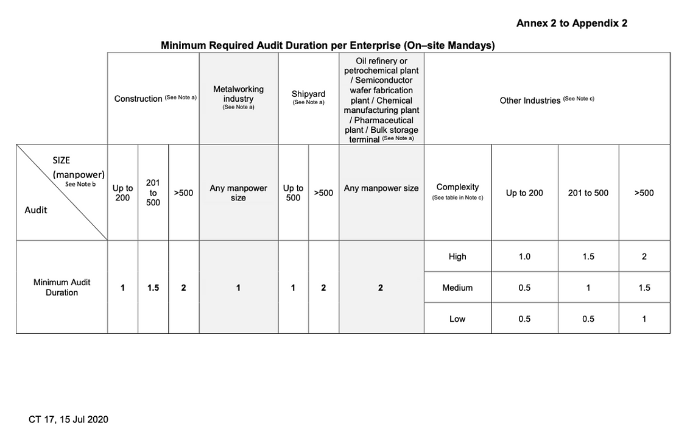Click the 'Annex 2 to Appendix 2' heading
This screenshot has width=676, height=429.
click(x=571, y=23)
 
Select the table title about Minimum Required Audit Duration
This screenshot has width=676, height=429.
click(x=328, y=46)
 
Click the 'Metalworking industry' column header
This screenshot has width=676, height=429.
click(x=238, y=97)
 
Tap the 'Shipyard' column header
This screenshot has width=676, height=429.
click(x=308, y=97)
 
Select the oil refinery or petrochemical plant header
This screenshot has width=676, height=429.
click(x=381, y=100)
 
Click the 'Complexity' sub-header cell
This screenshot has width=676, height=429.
click(x=457, y=191)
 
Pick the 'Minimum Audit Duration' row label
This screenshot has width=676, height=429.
click(x=62, y=288)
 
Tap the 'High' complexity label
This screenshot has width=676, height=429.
click(x=457, y=257)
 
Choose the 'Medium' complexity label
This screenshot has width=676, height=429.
click(x=457, y=288)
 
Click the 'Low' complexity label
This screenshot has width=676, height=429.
click(x=457, y=319)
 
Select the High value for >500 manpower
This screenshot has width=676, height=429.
click(x=644, y=257)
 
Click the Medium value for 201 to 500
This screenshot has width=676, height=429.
click(x=588, y=288)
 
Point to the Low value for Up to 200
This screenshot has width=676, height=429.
click(x=524, y=319)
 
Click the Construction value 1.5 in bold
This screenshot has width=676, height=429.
click(x=153, y=288)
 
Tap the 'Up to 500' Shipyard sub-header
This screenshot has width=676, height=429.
click(x=293, y=193)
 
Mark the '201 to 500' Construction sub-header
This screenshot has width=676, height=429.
click(x=153, y=193)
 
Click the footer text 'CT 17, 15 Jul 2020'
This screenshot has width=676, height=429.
click(x=68, y=419)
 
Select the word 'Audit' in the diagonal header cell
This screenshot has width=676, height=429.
click(x=36, y=210)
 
